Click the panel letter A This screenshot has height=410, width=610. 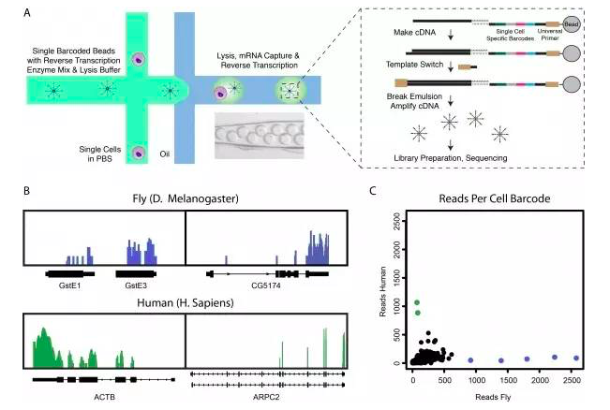(x=27, y=12)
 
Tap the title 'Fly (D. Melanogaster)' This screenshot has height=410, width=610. (x=185, y=197)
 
